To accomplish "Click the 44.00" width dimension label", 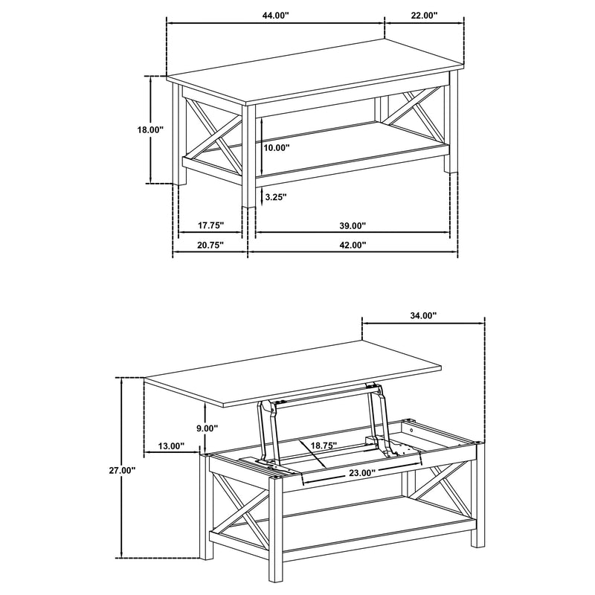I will coord(275,14).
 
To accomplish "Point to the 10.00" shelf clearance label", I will coord(276,147).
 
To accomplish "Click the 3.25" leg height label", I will coord(274,197).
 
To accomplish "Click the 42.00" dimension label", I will coord(353,245).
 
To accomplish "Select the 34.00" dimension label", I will coord(423,315).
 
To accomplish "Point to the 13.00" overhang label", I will coord(170,446).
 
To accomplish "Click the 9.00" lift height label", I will coord(206,428).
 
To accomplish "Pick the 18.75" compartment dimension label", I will coord(324,445).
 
